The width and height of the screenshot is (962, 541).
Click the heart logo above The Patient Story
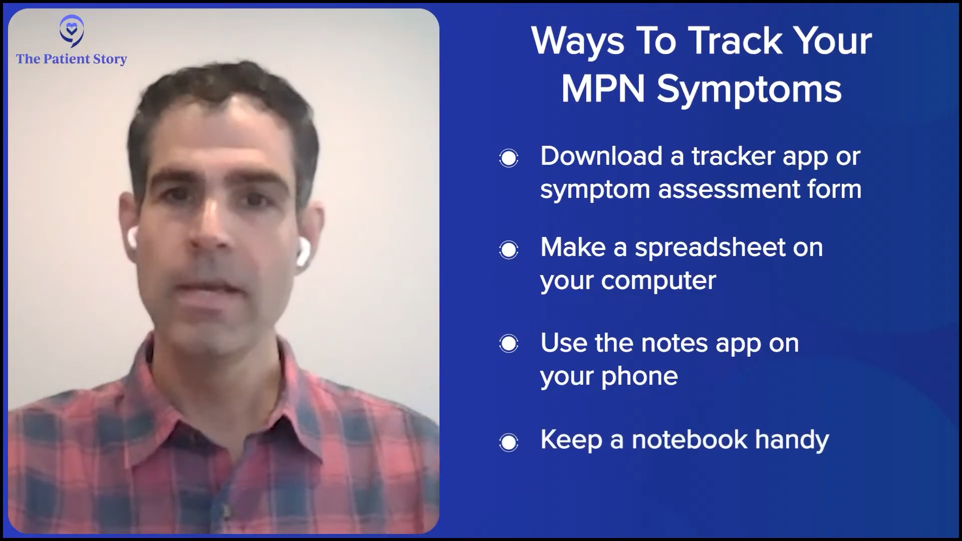point(72,31)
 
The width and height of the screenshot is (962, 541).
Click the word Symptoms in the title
point(749,91)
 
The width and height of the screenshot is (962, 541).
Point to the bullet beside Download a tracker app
point(509,158)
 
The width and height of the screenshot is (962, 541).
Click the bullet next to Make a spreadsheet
point(509,250)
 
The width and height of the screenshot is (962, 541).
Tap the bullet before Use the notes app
point(509,344)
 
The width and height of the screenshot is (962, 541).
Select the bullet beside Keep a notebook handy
point(509,442)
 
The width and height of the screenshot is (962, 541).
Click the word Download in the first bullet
point(601,156)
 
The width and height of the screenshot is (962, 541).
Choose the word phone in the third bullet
point(639,376)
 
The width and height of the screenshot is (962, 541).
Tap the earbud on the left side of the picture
point(132,238)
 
